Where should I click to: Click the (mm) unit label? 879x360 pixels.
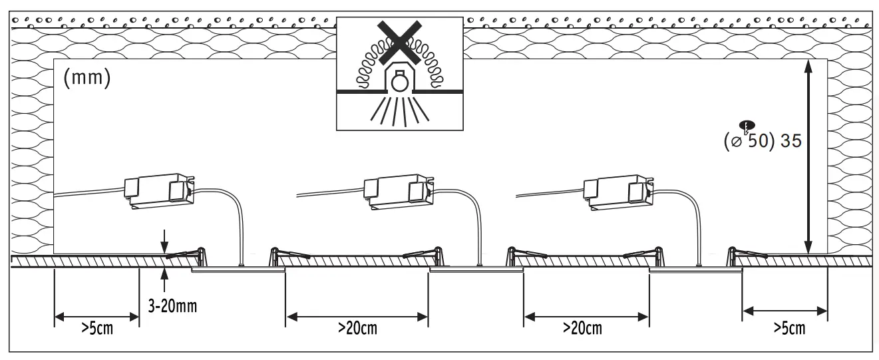(x=87, y=78)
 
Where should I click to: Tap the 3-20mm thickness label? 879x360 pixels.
(x=172, y=307)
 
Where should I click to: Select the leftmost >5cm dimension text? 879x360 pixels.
(x=96, y=329)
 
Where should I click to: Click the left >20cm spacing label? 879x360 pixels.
(x=357, y=328)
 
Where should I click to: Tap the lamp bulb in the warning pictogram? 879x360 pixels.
(x=399, y=82)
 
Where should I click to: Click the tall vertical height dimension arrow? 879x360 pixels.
(x=808, y=156)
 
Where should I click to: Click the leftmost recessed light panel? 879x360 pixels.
(x=238, y=270)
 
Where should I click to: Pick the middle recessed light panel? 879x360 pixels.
(x=476, y=270)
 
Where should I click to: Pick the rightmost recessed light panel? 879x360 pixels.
(x=695, y=270)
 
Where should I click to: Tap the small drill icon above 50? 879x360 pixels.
(x=747, y=126)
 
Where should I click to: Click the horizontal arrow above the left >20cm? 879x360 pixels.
(x=357, y=315)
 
